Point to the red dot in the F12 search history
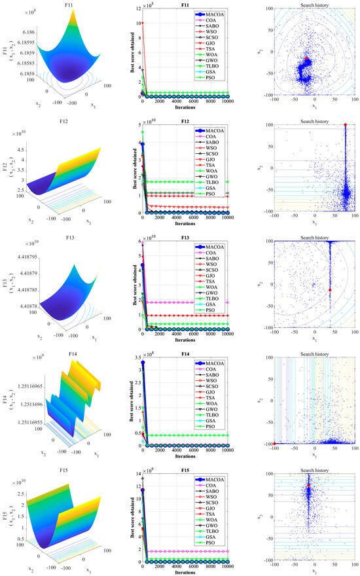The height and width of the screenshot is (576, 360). tap(344, 124)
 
